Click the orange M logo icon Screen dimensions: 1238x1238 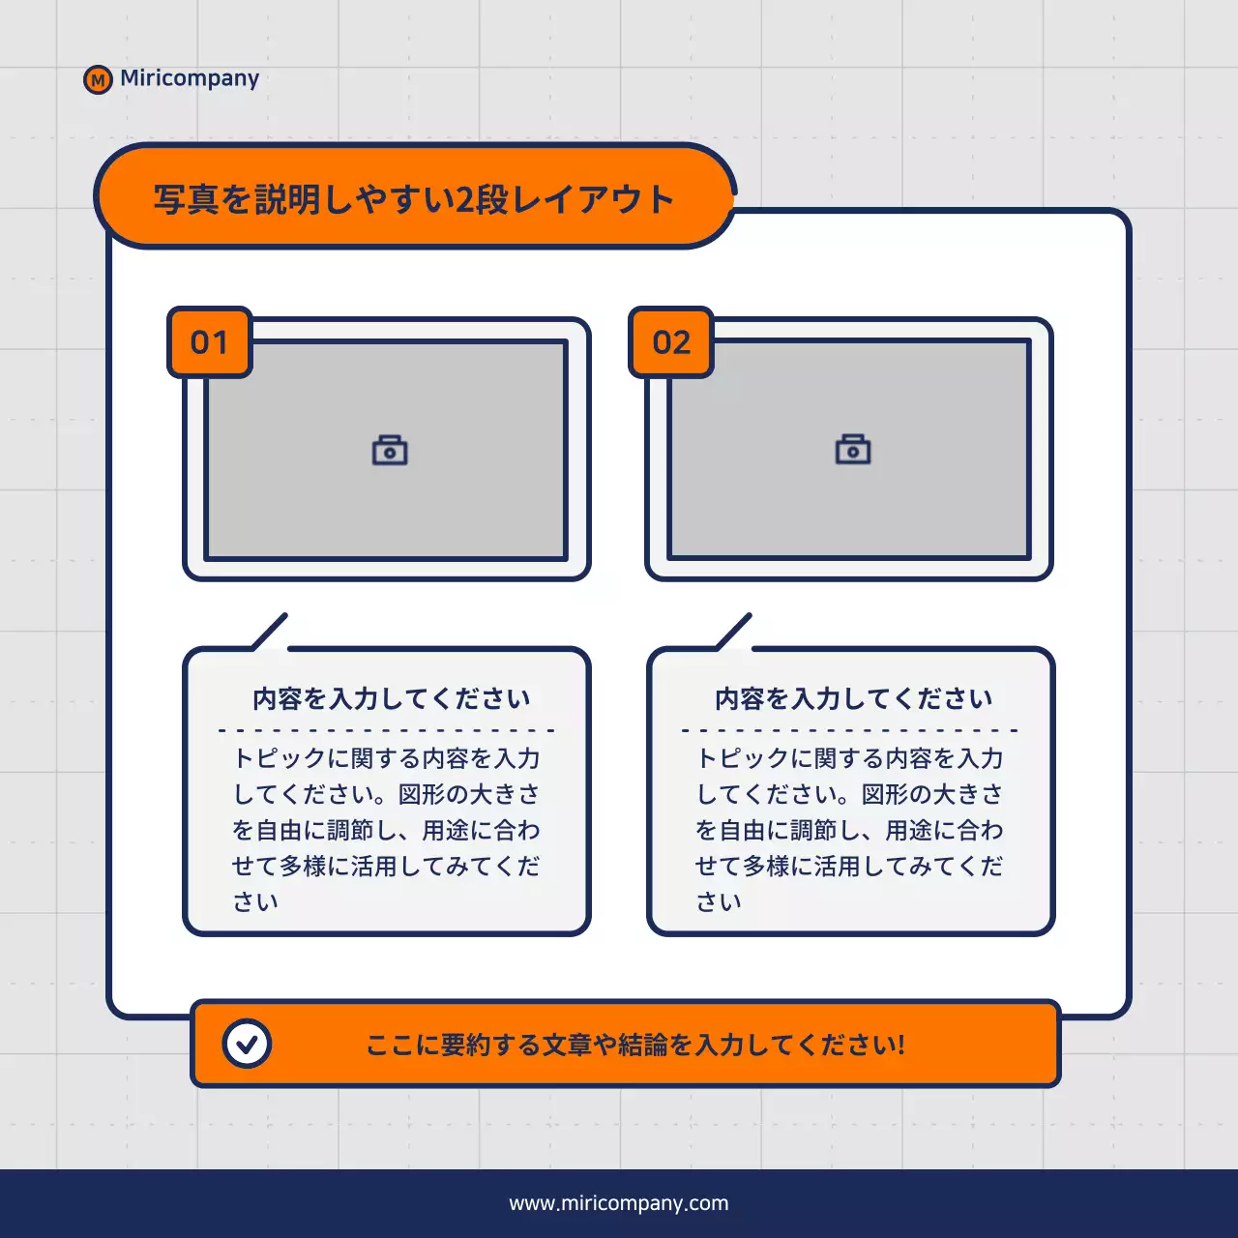point(98,79)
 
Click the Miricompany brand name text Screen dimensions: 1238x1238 point(190,78)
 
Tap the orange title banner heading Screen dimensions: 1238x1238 point(414,199)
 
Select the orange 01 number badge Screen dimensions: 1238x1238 point(210,342)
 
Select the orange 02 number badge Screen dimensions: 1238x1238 point(672,342)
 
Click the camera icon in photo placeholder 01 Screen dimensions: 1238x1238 point(390,451)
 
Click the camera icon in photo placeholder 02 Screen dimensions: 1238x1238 point(853,451)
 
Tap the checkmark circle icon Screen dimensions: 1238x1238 point(247,1044)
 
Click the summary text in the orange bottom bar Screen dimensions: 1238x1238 point(634,1045)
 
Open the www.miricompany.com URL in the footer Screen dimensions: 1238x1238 point(619,1203)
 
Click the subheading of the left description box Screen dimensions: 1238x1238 point(391,698)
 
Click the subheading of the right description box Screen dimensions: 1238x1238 point(853,698)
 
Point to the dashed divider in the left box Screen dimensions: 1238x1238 point(387,730)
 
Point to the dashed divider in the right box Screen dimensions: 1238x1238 point(849,730)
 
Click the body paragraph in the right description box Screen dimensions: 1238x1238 point(849,829)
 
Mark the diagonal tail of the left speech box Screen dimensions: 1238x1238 point(270,631)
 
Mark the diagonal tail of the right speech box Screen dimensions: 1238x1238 point(734,631)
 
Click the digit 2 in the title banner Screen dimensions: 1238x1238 point(464,200)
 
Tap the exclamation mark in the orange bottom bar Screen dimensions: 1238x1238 point(901,1045)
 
